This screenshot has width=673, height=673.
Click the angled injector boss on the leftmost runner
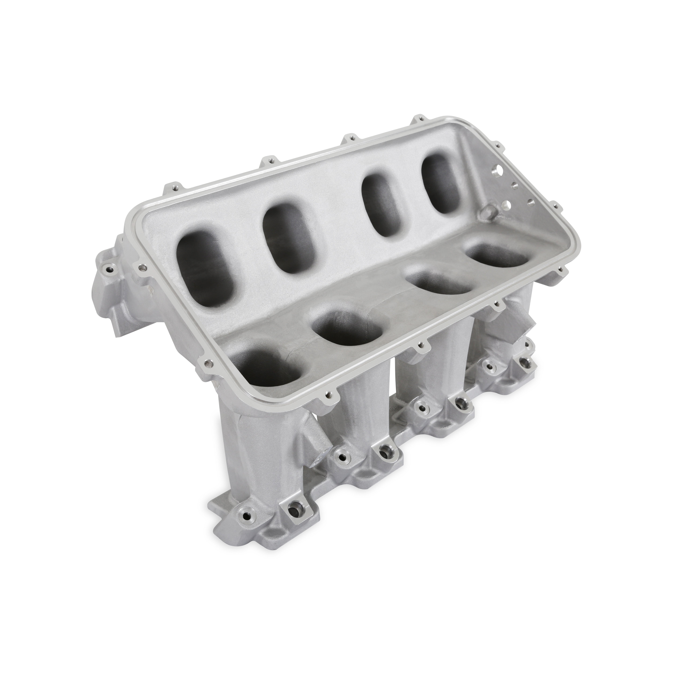(315, 446)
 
